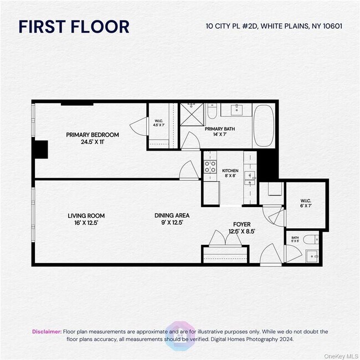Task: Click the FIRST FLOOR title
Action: [x=74, y=26]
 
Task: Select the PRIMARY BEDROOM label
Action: [x=92, y=138]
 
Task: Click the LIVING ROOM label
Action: [x=86, y=219]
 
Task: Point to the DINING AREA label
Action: [x=172, y=219]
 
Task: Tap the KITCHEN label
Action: [x=230, y=173]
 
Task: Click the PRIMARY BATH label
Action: [x=217, y=132]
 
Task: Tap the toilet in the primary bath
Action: [x=212, y=114]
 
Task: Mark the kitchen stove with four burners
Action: [x=210, y=166]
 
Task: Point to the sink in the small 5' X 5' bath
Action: [x=313, y=256]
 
